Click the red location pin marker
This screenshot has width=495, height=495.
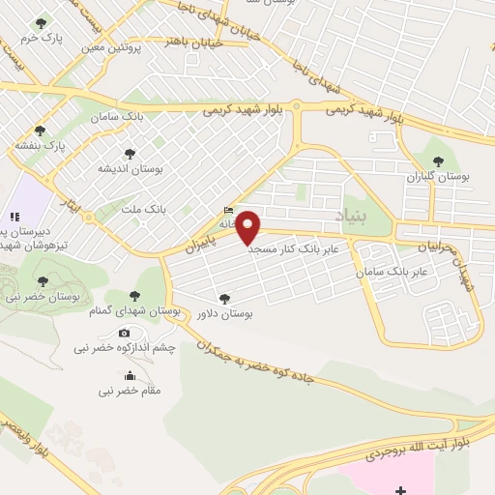coord(248,226)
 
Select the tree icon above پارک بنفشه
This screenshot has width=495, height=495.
coord(40,131)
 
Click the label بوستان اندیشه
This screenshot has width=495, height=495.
coord(129,167)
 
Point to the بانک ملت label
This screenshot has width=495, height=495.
coord(150,208)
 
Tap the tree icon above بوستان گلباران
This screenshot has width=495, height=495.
coord(438,161)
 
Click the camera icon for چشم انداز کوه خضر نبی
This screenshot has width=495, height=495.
coord(124,334)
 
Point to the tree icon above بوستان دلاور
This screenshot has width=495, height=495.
coord(224,299)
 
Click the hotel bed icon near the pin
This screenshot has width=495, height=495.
coord(228,211)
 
